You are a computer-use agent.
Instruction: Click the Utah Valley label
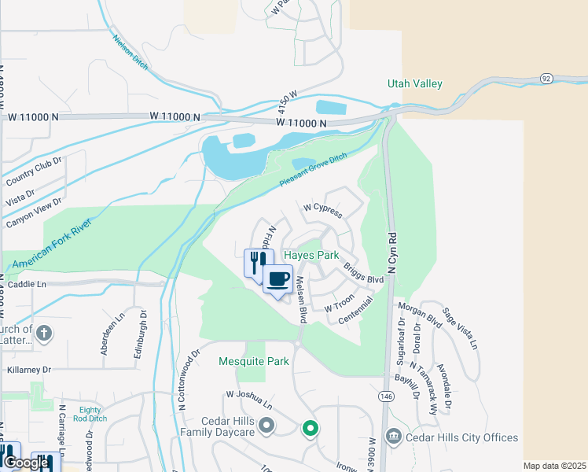pos(414,84)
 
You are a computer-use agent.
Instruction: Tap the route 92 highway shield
pos(546,78)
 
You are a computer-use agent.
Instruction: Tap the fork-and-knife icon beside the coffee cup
pos(255,263)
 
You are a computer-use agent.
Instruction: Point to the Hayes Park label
pos(311,256)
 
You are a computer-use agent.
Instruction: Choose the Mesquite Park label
pos(253,362)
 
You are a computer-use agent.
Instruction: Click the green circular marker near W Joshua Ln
pos(311,429)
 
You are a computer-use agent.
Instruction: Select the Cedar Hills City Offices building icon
pos(393,437)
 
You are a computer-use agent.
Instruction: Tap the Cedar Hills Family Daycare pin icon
pos(266,426)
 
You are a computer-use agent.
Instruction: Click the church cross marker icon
pos(44,332)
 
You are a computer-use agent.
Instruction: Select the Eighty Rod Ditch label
pos(92,414)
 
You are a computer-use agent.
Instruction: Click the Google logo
pos(26,463)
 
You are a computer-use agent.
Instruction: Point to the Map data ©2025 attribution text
pos(553,466)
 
